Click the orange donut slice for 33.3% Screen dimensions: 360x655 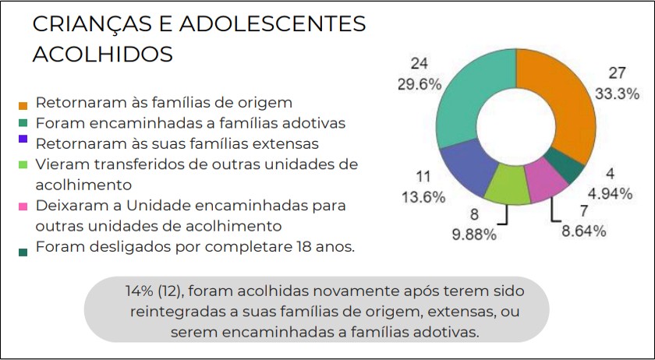pos(561,94)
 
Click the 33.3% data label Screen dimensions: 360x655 pos(618,93)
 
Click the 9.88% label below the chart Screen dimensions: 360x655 pos(474,235)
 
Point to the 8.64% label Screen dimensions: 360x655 pos(585,231)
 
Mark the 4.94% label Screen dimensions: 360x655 pos(611,194)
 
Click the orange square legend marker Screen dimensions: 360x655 pos(23,104)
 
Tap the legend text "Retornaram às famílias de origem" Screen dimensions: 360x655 pos(164,101)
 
